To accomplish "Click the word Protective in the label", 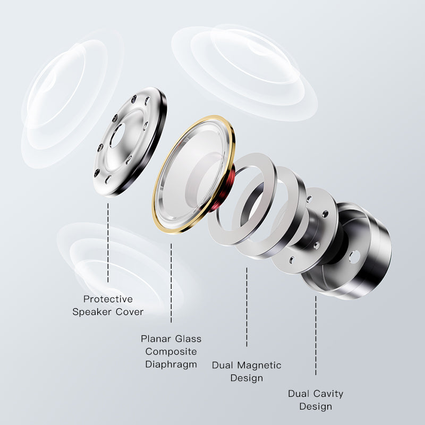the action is (x=108, y=299).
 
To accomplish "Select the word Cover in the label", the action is (x=130, y=312).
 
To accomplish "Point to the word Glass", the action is (x=188, y=339).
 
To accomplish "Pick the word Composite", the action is (x=171, y=352).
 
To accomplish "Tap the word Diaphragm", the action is (x=171, y=364).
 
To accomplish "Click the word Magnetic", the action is (x=259, y=365).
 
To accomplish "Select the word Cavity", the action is (x=328, y=394).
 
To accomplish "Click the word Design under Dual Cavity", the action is (x=316, y=406).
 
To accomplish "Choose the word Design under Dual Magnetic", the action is (x=246, y=378).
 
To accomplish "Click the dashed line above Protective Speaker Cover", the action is (x=108, y=243).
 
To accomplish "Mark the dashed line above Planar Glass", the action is (x=171, y=283).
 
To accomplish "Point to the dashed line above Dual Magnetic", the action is (x=246, y=307).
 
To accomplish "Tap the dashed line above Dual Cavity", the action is (x=316, y=336).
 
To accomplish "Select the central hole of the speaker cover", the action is (x=117, y=136).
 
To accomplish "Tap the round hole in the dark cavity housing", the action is (x=354, y=257).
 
